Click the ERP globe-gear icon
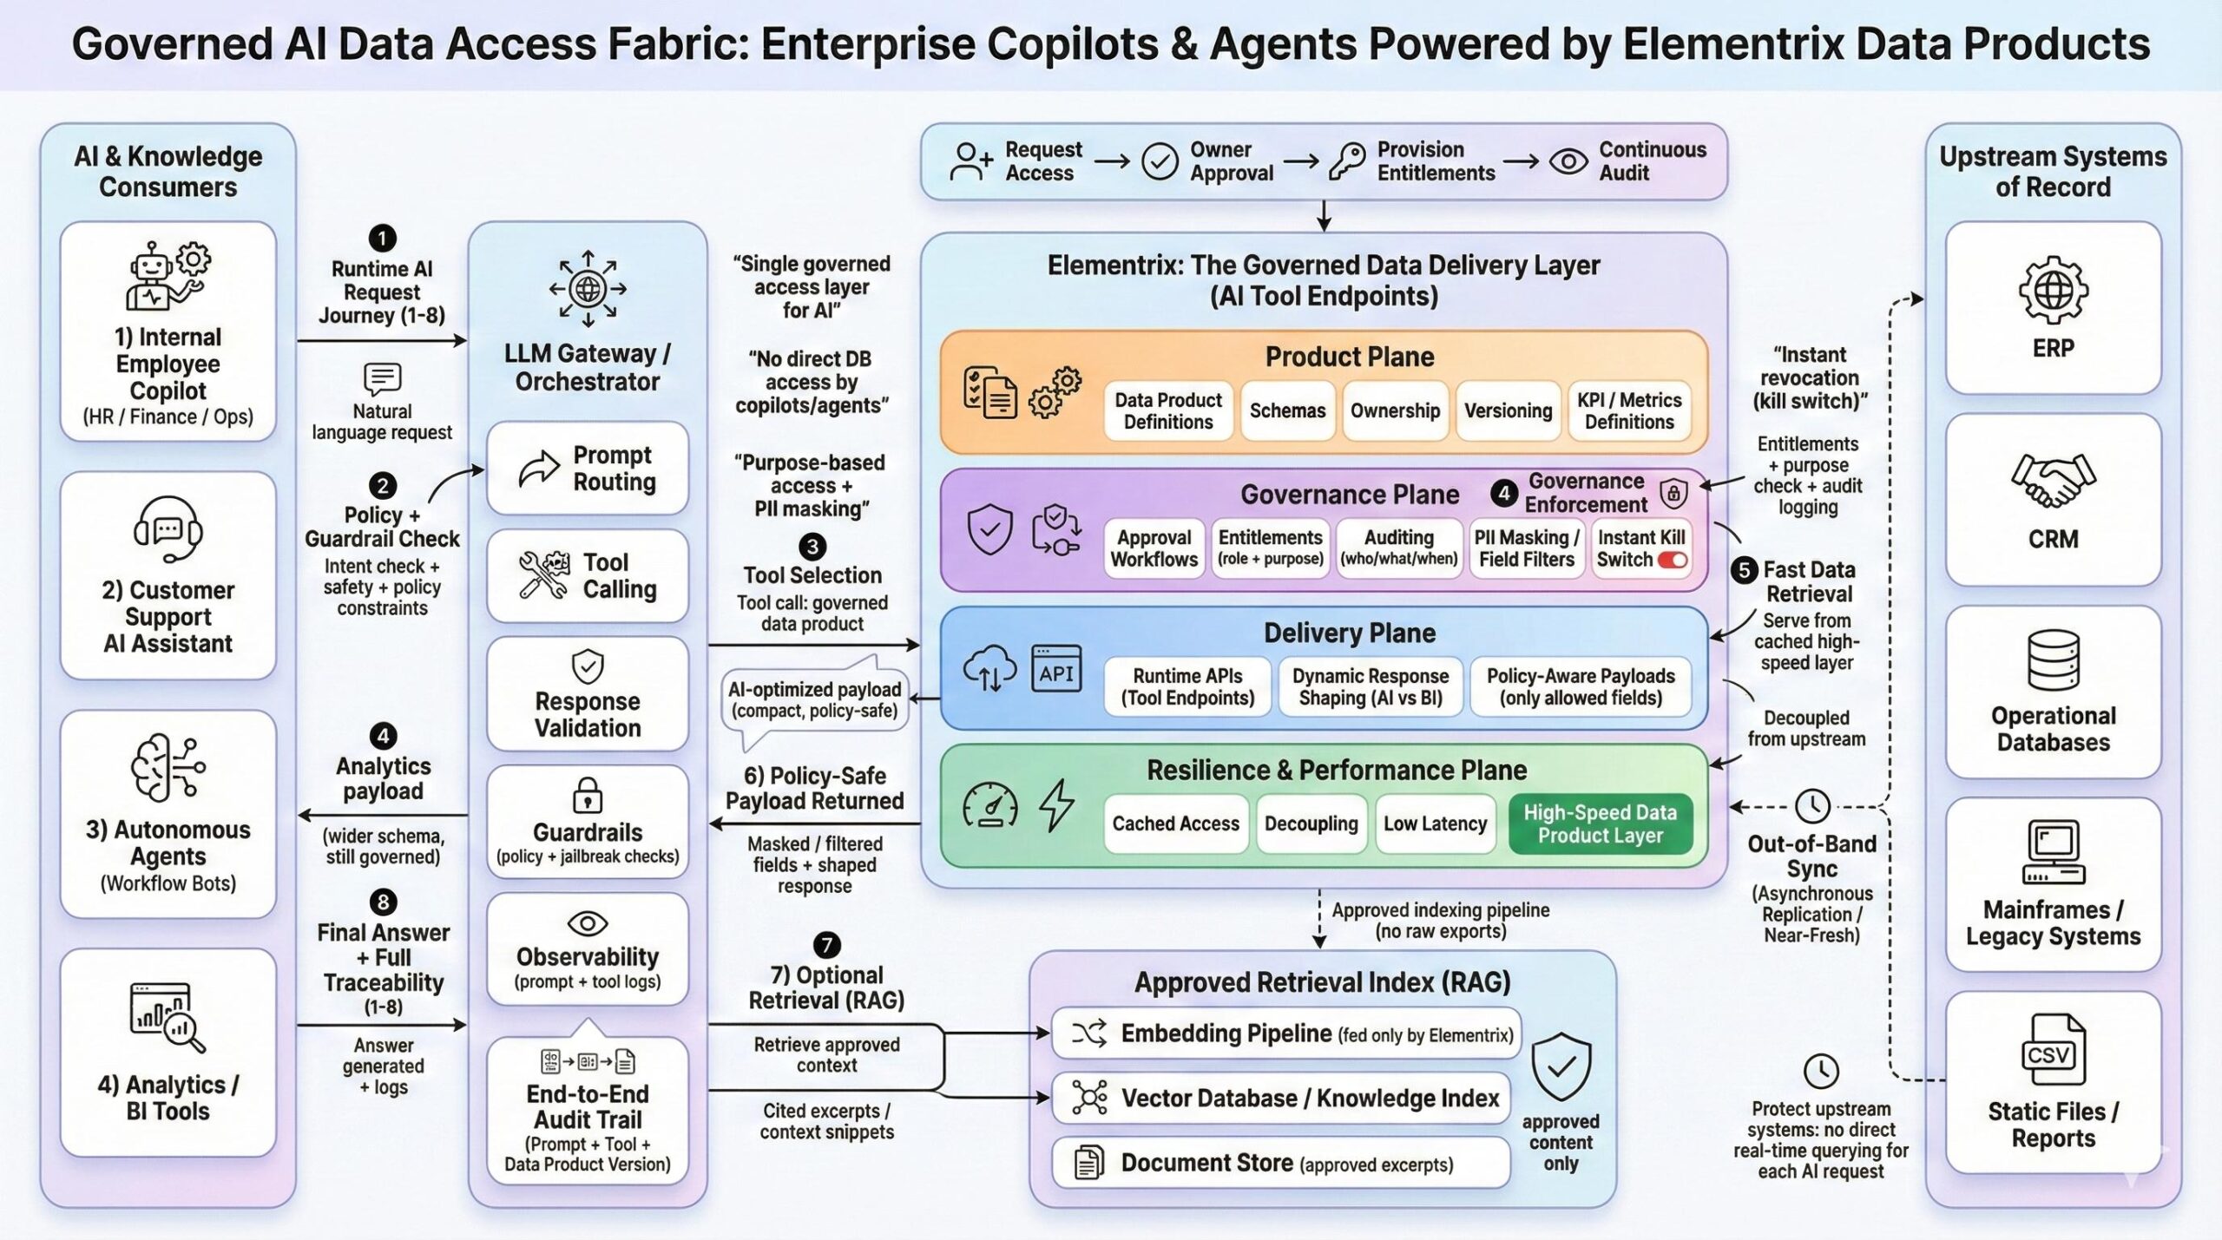pyautogui.click(x=2053, y=289)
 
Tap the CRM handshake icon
pyautogui.click(x=2053, y=480)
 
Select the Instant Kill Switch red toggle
pyautogui.click(x=1673, y=560)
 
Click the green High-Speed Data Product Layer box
pyautogui.click(x=1600, y=823)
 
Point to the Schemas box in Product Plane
pyautogui.click(x=1287, y=410)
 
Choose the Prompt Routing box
pyautogui.click(x=588, y=469)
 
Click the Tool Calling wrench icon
pyautogui.click(x=543, y=575)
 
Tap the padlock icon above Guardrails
pyautogui.click(x=588, y=794)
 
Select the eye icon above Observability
pyautogui.click(x=588, y=922)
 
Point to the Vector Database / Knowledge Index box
pyautogui.click(x=1281, y=1098)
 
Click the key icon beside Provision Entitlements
pyautogui.click(x=1346, y=161)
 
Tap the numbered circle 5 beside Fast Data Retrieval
pyautogui.click(x=1745, y=570)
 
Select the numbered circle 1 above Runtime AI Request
pyautogui.click(x=382, y=238)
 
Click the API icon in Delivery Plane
pyautogui.click(x=1056, y=669)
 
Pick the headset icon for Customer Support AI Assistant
pyautogui.click(x=168, y=529)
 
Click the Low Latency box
pyautogui.click(x=1435, y=823)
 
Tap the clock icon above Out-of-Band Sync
pyautogui.click(x=1812, y=806)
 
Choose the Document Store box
pyautogui.click(x=1281, y=1163)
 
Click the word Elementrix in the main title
pyautogui.click(x=1732, y=43)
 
